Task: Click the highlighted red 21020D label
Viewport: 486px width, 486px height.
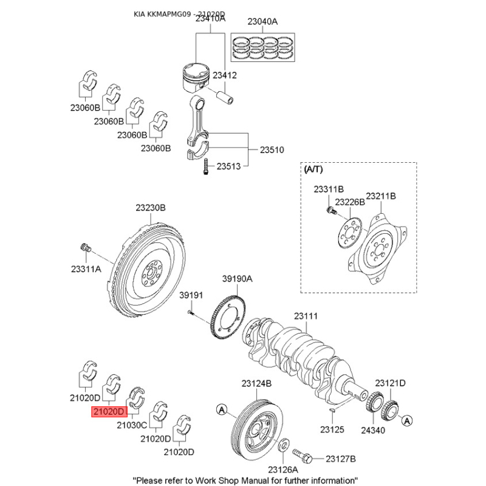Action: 109,412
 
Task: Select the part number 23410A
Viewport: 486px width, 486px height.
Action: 210,18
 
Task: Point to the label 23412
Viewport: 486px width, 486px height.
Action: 225,75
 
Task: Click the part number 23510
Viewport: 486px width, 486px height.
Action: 273,149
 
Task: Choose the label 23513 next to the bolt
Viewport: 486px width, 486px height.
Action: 230,165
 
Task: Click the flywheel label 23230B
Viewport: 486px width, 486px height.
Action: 151,207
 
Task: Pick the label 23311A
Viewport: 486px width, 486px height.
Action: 86,268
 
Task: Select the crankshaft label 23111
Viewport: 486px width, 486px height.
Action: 306,316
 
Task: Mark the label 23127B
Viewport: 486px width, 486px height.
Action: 340,459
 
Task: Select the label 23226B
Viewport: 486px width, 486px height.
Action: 349,200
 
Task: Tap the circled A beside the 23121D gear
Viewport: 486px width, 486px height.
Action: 407,420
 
